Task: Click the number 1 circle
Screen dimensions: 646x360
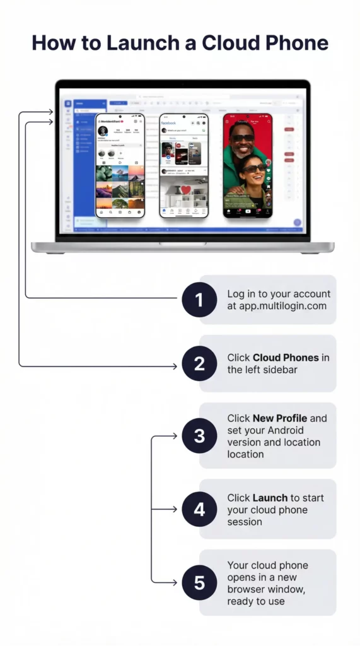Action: pyautogui.click(x=199, y=299)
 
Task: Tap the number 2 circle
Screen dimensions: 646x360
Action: pyautogui.click(x=199, y=363)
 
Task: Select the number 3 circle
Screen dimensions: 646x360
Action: pyautogui.click(x=199, y=436)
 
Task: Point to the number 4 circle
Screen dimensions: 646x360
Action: pyautogui.click(x=199, y=508)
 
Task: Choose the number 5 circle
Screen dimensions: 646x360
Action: pyautogui.click(x=199, y=582)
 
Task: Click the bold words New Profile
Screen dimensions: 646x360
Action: pyautogui.click(x=280, y=418)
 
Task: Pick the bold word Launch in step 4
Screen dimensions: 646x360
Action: pyautogui.click(x=270, y=498)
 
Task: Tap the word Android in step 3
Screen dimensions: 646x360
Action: pyautogui.click(x=295, y=430)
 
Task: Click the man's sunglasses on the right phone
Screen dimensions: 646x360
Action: pyautogui.click(x=241, y=137)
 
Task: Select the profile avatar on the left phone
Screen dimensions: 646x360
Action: pyautogui.click(x=102, y=131)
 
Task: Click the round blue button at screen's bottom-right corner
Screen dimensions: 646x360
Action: pyautogui.click(x=297, y=223)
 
